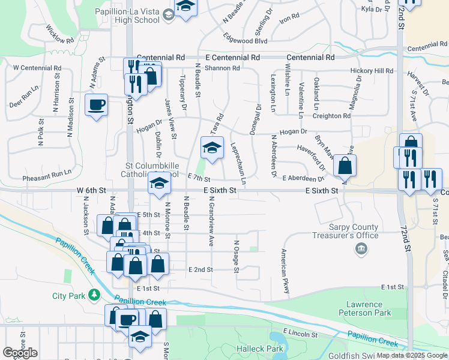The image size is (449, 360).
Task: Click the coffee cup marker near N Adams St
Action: (96, 106)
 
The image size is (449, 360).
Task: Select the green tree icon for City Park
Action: (94, 295)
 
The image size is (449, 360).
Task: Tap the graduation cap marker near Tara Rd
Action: (211, 148)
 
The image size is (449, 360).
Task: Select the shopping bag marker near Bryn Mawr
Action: (345, 166)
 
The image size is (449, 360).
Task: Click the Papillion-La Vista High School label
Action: (127, 16)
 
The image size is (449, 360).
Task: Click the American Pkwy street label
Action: (285, 272)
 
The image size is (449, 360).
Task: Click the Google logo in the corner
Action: (20, 353)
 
